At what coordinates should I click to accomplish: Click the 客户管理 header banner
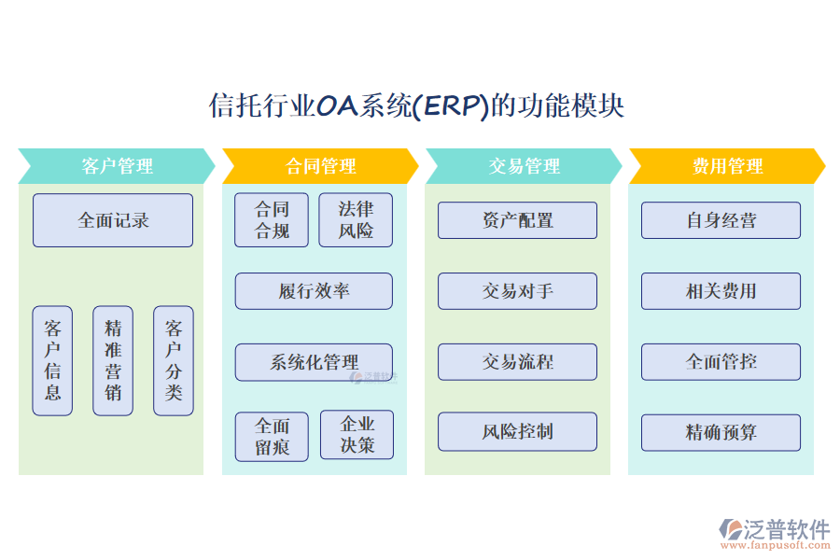(x=117, y=166)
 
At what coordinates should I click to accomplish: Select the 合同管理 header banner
(x=320, y=166)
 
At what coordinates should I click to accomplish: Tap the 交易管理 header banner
(x=524, y=166)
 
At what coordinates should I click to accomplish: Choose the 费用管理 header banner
(x=727, y=166)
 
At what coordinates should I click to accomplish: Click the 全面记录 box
(x=113, y=220)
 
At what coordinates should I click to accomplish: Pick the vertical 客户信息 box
(x=52, y=360)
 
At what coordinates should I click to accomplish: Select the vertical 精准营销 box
(x=113, y=360)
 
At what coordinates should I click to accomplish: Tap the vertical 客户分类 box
(x=174, y=360)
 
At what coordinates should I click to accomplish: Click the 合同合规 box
(x=272, y=220)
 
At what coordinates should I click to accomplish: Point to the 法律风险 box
(x=356, y=220)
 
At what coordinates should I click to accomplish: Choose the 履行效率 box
(x=314, y=291)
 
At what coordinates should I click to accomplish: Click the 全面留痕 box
(x=272, y=436)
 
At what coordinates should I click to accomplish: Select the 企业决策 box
(x=357, y=435)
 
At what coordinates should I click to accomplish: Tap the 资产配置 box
(x=517, y=220)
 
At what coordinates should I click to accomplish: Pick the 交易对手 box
(x=517, y=291)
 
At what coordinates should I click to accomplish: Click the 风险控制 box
(x=517, y=432)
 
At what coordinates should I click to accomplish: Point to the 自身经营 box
(x=721, y=220)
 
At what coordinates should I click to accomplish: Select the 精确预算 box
(x=721, y=432)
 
